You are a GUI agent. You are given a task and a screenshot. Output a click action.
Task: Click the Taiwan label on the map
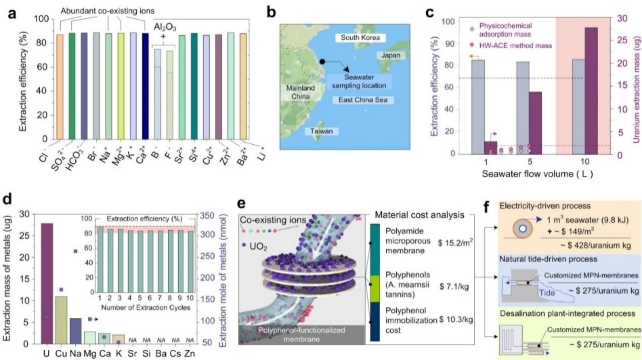[x=319, y=132]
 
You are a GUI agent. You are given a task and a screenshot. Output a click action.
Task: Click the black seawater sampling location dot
[x=321, y=61]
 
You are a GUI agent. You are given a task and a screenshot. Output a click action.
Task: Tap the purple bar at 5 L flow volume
[x=535, y=123]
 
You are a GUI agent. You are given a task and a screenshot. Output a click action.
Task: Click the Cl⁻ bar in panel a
[x=60, y=93]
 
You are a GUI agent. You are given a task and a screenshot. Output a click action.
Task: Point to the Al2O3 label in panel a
[x=165, y=27]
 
